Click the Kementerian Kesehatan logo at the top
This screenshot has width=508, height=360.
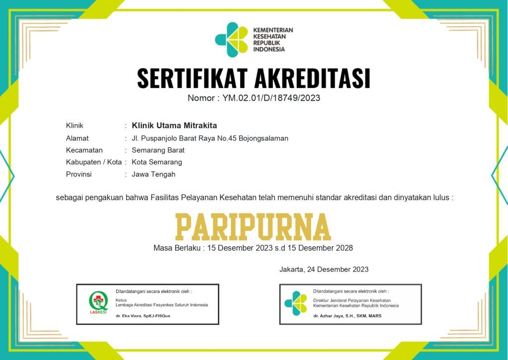[x=231, y=39]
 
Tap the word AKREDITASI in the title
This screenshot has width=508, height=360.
[x=312, y=78]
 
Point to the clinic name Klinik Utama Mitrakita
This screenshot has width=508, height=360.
[x=174, y=125]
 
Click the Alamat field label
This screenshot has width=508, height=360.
[x=77, y=138]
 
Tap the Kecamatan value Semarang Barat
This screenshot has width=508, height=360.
[x=158, y=150]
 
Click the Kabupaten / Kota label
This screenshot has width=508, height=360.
[x=94, y=162]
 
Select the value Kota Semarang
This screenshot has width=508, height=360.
[x=157, y=162]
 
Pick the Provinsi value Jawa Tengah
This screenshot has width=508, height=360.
[x=153, y=174]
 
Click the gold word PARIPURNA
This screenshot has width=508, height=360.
[x=253, y=227]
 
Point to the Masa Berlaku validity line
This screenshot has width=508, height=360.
[x=253, y=247]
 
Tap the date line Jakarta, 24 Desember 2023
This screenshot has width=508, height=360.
[x=323, y=270]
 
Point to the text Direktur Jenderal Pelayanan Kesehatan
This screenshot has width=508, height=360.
[x=352, y=300]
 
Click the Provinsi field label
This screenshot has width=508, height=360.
[x=79, y=174]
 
